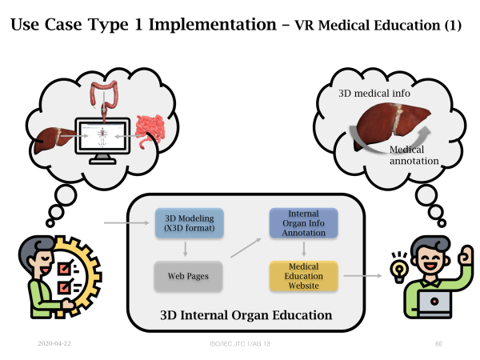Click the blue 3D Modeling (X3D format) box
point(190,223)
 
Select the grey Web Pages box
point(188,276)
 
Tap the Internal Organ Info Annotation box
point(304,223)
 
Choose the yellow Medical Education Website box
point(304,276)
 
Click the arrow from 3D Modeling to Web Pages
point(186,249)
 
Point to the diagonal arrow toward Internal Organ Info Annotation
point(246,248)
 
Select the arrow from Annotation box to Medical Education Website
point(304,249)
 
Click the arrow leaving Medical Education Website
point(362,276)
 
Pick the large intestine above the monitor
point(104,96)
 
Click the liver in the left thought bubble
point(54,140)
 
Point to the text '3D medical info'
point(374,93)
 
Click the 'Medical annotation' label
point(414,155)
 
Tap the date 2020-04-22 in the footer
point(54,343)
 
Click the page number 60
point(438,344)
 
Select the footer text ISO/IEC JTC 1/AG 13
point(240,344)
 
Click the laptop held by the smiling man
point(434,303)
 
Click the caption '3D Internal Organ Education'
point(246,315)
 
